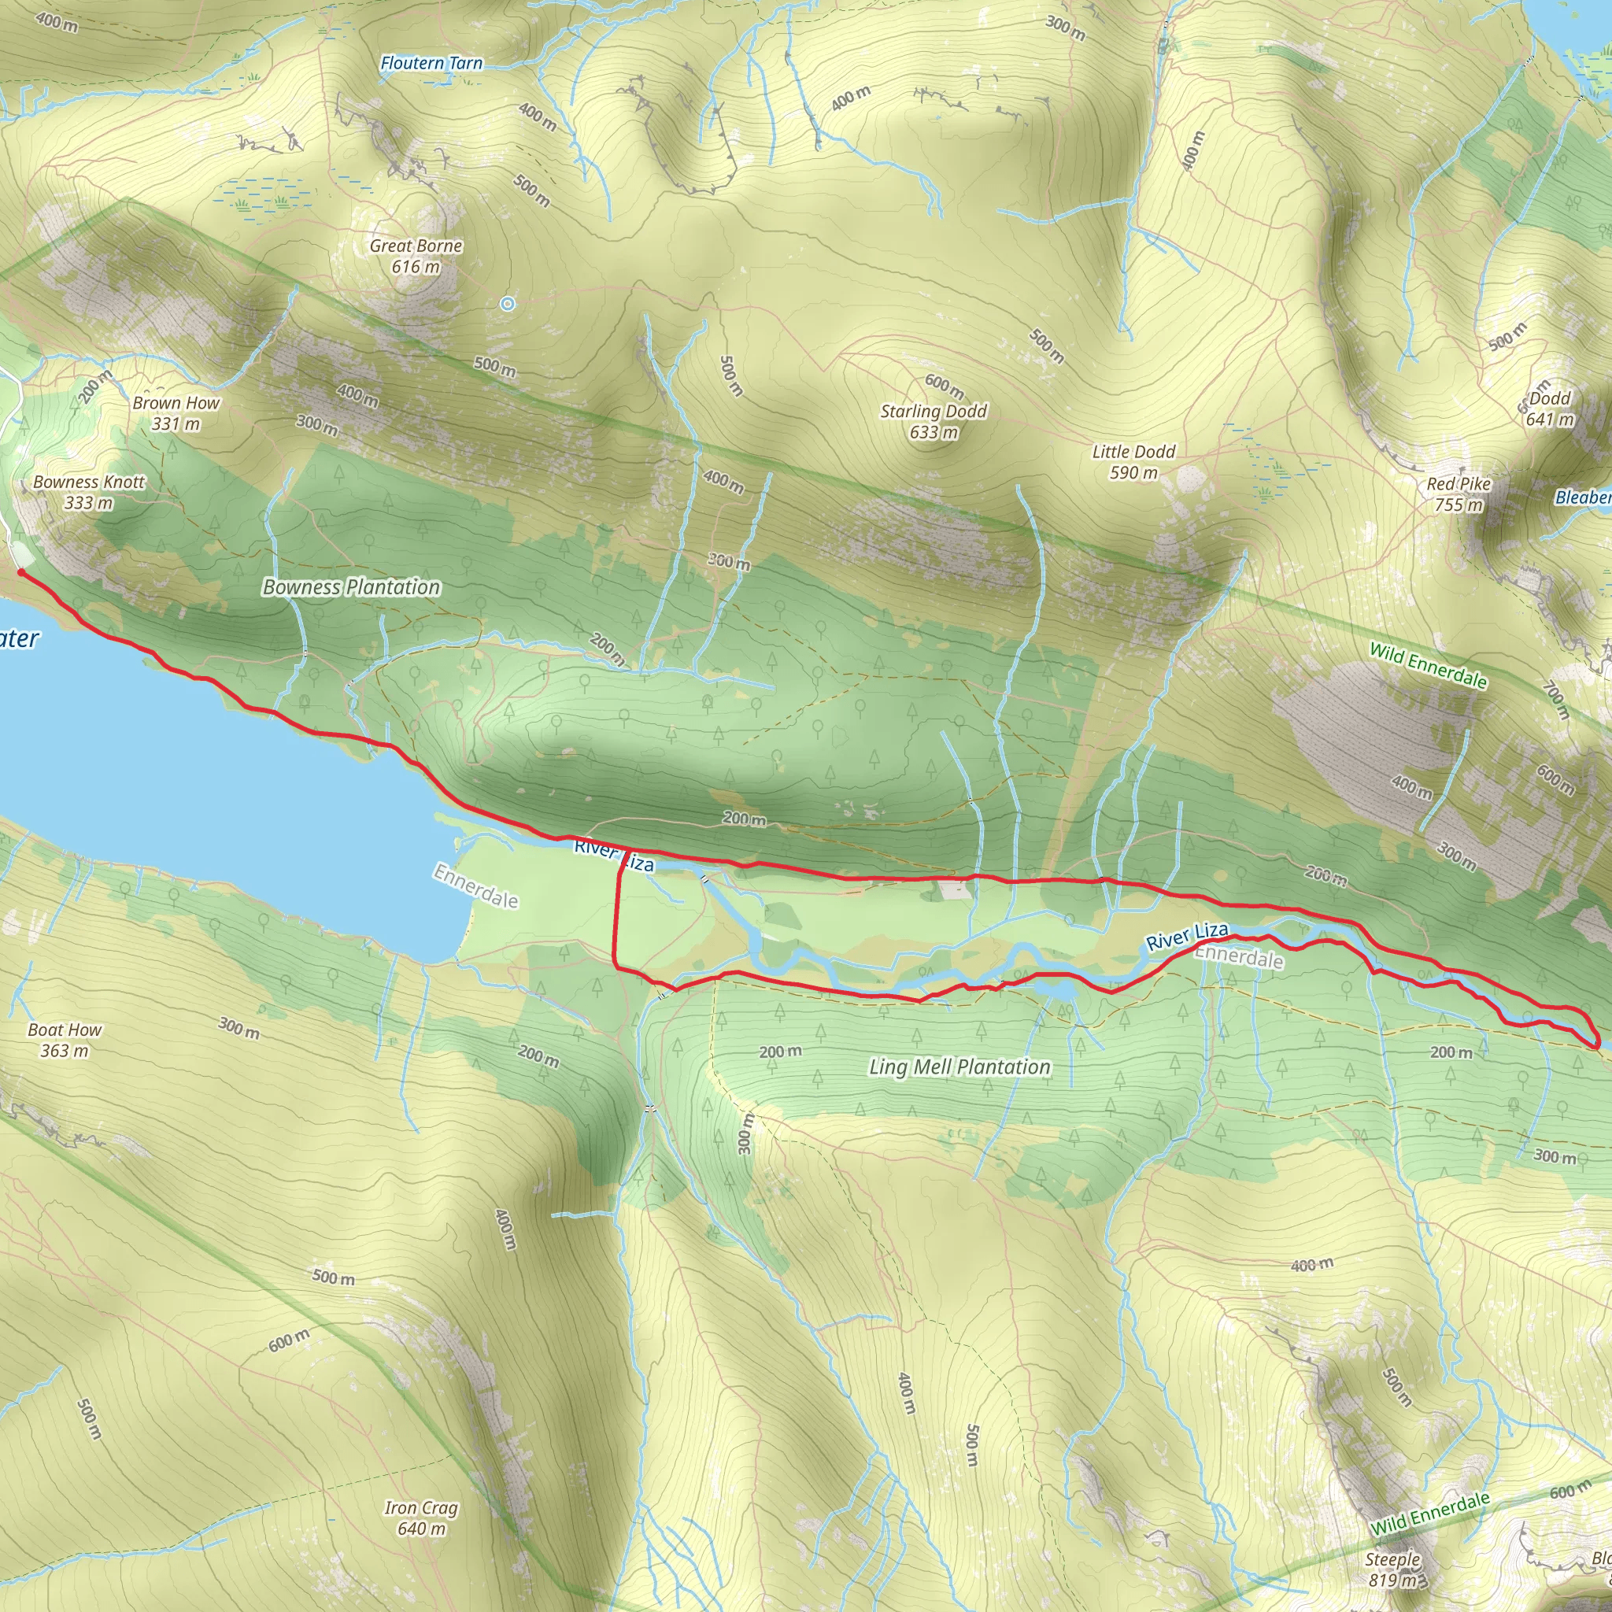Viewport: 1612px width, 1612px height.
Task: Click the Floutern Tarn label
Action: tap(431, 64)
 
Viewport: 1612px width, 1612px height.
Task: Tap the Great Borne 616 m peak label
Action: tap(416, 256)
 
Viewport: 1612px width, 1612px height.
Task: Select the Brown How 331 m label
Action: tap(176, 413)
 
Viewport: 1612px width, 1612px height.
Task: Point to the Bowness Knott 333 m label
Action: tap(88, 492)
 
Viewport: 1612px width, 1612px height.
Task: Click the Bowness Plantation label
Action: tap(351, 587)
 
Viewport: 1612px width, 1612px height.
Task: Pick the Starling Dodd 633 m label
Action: tap(934, 421)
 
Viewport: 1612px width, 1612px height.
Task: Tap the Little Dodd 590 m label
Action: tap(1133, 462)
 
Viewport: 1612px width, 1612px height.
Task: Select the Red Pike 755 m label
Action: tap(1459, 494)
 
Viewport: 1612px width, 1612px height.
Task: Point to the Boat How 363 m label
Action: tap(65, 1040)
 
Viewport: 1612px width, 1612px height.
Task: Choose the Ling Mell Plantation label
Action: tap(959, 1067)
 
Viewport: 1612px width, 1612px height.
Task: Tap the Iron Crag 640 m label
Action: tap(421, 1518)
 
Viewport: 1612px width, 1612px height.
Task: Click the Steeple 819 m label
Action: tap(1392, 1569)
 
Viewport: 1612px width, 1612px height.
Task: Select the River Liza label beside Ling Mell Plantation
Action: tap(1186, 936)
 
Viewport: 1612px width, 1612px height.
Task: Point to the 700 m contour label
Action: tap(1556, 700)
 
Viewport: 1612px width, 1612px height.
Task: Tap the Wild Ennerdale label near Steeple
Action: tap(1429, 1514)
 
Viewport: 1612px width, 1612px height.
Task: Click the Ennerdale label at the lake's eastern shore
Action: tap(475, 886)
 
